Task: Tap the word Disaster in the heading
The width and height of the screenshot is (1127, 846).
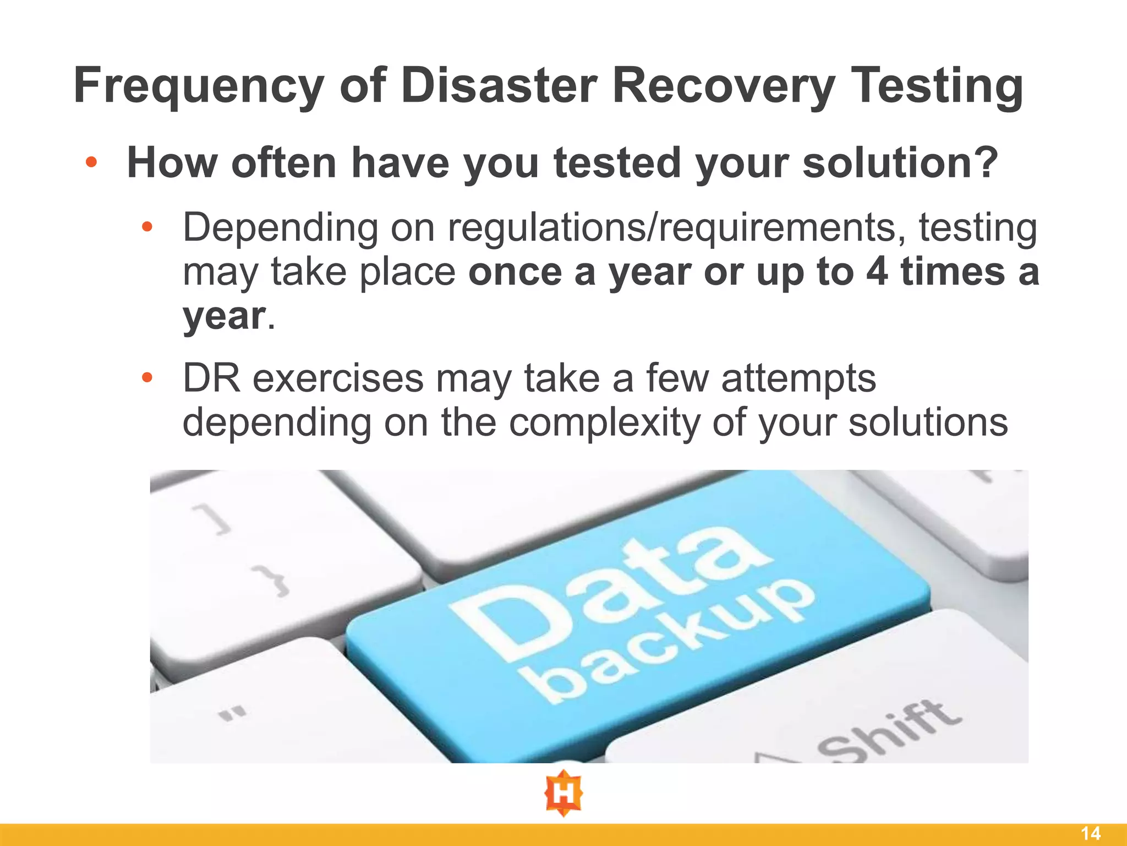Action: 499,86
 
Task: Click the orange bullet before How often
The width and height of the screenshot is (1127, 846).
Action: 91,162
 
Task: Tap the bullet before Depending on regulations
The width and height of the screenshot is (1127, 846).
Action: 146,227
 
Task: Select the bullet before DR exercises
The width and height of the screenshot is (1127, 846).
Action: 146,378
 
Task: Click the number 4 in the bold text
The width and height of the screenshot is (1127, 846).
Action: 877,272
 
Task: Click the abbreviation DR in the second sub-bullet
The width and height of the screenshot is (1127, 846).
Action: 212,378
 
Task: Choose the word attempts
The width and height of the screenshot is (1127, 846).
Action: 798,378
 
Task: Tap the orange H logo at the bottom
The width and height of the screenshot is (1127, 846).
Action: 563,794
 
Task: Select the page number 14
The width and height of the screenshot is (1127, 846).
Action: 1091,833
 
